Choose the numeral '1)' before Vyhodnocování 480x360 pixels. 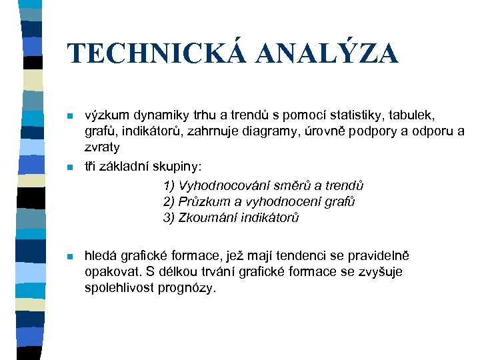click(x=169, y=185)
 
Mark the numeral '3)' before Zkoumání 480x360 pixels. click(x=169, y=217)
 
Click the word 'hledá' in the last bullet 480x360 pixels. click(x=101, y=256)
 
